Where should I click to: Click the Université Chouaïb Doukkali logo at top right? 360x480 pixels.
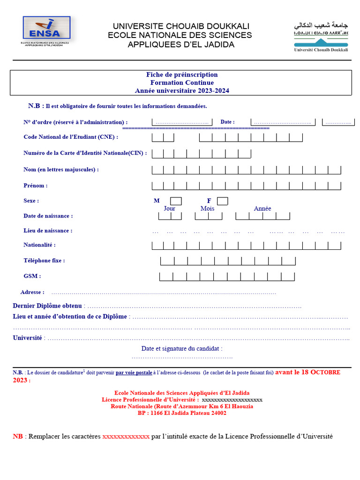pyautogui.click(x=321, y=36)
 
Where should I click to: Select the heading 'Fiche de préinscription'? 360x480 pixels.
pyautogui.click(x=182, y=75)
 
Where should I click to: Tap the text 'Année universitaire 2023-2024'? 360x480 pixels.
pyautogui.click(x=182, y=91)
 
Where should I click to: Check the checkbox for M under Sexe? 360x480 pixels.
pyautogui.click(x=176, y=201)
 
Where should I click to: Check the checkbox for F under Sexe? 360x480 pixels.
pyautogui.click(x=223, y=201)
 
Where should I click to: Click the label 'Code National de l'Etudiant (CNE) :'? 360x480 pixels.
pyautogui.click(x=71, y=137)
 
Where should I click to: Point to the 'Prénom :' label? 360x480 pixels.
pyautogui.click(x=36, y=186)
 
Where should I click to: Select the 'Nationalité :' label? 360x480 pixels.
pyautogui.click(x=39, y=245)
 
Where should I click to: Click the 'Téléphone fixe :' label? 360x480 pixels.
pyautogui.click(x=44, y=260)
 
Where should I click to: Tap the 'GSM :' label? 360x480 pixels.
pyautogui.click(x=32, y=276)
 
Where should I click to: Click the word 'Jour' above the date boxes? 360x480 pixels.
pyautogui.click(x=170, y=209)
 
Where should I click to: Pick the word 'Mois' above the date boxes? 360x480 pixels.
pyautogui.click(x=207, y=209)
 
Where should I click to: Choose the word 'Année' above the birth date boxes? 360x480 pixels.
pyautogui.click(x=262, y=209)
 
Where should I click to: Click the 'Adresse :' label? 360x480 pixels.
pyautogui.click(x=32, y=292)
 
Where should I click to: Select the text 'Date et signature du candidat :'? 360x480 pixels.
pyautogui.click(x=182, y=348)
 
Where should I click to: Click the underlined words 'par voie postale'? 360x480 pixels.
pyautogui.click(x=134, y=373)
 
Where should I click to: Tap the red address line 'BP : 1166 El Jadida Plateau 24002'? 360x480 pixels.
pyautogui.click(x=182, y=413)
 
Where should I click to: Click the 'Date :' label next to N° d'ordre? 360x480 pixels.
pyautogui.click(x=227, y=122)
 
